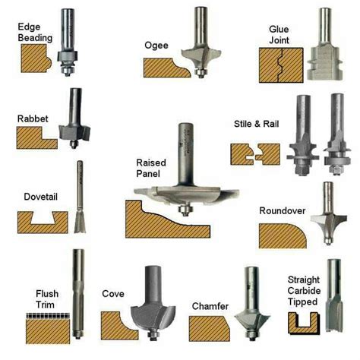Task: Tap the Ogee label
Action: (x=156, y=45)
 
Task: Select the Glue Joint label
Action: (x=279, y=35)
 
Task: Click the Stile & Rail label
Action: (x=258, y=123)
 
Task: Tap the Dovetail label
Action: (x=32, y=195)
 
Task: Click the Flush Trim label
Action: (x=47, y=298)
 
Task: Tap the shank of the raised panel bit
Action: (x=184, y=144)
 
